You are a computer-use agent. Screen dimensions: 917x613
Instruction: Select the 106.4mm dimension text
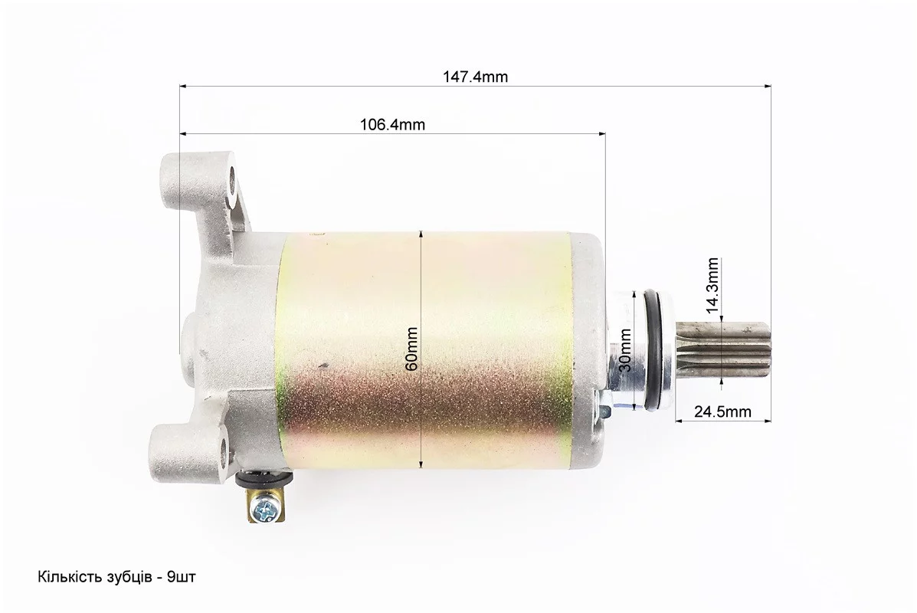click(391, 125)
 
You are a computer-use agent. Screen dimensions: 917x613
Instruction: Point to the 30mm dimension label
click(624, 350)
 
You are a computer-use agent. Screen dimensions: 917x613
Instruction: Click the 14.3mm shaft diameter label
click(712, 286)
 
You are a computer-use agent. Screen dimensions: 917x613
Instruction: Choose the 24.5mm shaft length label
click(722, 411)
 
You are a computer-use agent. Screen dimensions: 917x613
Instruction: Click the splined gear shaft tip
click(723, 349)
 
